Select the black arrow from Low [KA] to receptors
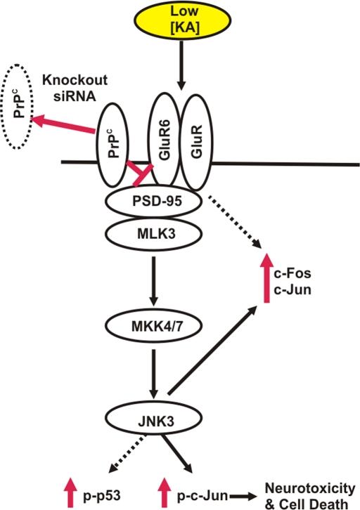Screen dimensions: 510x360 [181, 67]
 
